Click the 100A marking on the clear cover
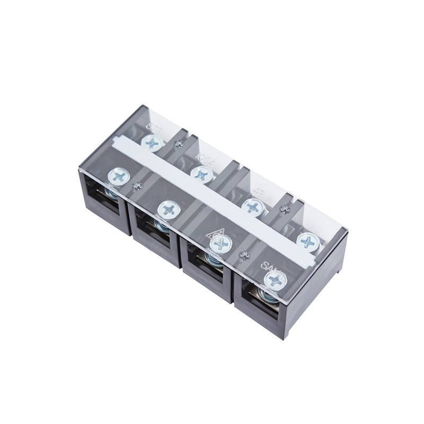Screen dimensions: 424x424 tap(204, 158)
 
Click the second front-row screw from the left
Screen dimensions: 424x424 tap(169, 210)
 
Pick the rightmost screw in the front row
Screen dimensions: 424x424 tap(274, 279)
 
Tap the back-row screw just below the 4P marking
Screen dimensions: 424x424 tap(252, 206)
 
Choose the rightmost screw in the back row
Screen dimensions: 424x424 tap(307, 241)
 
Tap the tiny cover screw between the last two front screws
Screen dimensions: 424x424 tap(244, 256)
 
